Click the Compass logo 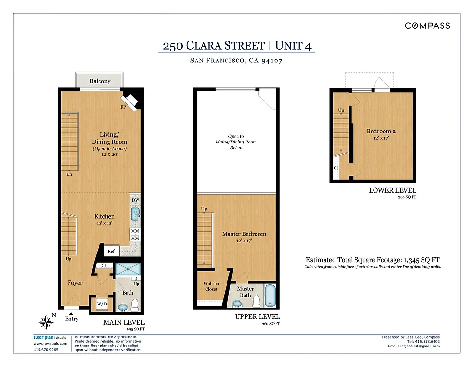tap(427, 26)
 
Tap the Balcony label tap(100, 81)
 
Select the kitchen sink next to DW tap(135, 213)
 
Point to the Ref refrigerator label tap(111, 252)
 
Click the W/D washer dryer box tap(102, 304)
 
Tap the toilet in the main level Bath tap(135, 304)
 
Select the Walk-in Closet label tap(211, 286)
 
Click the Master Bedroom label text tap(244, 234)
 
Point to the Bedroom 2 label tap(381, 132)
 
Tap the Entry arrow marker tap(71, 313)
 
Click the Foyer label tap(75, 283)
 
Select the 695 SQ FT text tap(135, 329)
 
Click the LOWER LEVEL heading tap(393, 190)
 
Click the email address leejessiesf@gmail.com tap(420, 346)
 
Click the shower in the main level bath tap(128, 268)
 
